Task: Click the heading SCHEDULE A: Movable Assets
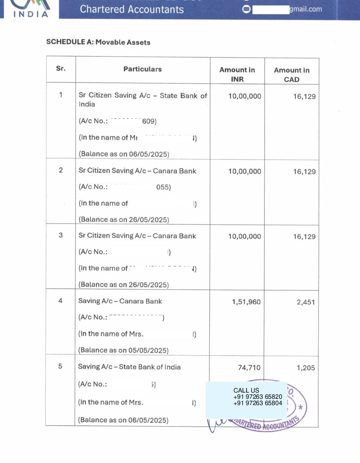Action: point(98,42)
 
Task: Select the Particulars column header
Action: point(143,69)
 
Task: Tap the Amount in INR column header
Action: point(237,74)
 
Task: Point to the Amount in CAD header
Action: point(291,74)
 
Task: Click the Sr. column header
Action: point(61,69)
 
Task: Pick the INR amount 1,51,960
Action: point(246,302)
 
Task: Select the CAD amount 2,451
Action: point(306,302)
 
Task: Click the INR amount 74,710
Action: point(249,367)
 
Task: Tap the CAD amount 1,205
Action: point(306,367)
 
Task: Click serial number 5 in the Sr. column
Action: point(61,367)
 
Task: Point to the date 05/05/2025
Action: point(148,350)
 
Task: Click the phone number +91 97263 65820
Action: point(258,397)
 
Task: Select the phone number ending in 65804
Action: point(258,403)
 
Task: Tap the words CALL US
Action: point(246,390)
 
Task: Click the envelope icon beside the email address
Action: point(246,9)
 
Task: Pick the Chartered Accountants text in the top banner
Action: point(132,9)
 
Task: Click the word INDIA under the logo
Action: point(31,14)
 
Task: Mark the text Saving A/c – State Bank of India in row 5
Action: point(130,367)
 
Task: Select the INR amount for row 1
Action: point(244,96)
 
